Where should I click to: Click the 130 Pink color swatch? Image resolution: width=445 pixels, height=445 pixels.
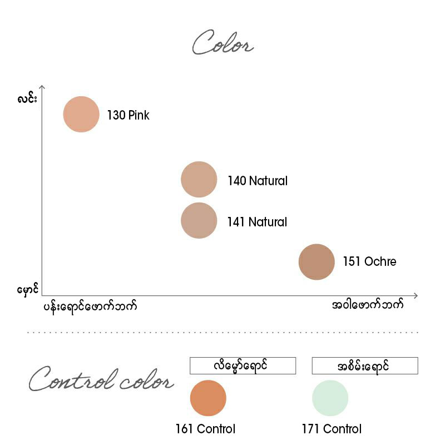click(x=81, y=114)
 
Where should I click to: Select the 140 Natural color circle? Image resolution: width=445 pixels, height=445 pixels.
click(x=199, y=179)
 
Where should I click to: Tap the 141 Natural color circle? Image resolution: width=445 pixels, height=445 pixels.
click(x=199, y=220)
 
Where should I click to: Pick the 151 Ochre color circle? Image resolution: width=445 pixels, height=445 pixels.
click(x=317, y=261)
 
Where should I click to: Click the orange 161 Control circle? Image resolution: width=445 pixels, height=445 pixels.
click(x=208, y=398)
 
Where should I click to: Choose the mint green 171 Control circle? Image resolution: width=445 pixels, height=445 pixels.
click(x=330, y=398)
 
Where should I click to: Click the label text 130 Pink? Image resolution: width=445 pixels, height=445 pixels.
click(x=128, y=115)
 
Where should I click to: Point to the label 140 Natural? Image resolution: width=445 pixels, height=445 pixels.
click(x=258, y=181)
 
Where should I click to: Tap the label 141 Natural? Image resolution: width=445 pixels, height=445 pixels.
click(x=257, y=222)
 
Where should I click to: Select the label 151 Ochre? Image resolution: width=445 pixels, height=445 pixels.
click(x=369, y=261)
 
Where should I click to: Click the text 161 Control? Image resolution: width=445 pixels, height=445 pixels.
click(x=205, y=429)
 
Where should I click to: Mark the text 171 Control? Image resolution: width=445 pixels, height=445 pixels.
click(x=332, y=429)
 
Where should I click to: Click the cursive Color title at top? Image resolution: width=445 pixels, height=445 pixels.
click(x=223, y=43)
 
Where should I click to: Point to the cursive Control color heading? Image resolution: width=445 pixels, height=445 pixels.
click(x=101, y=379)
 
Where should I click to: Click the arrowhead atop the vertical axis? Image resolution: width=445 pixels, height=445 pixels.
click(x=42, y=86)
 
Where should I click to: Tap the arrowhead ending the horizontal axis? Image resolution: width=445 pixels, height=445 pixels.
click(x=416, y=296)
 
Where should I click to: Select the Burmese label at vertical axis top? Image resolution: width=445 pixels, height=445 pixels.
click(x=27, y=98)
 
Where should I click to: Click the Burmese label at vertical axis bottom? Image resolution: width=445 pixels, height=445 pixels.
click(x=27, y=290)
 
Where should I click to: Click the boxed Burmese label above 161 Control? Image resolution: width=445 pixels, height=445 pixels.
click(x=243, y=365)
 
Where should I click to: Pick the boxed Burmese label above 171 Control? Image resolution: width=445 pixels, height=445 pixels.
click(x=365, y=365)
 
